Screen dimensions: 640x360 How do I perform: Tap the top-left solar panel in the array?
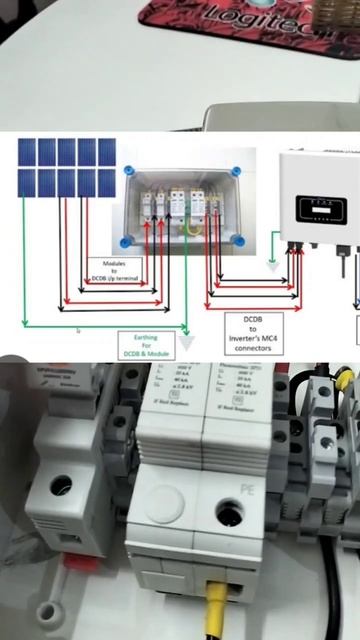click(27, 152)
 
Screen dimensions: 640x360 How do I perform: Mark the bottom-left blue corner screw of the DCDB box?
click(126, 241)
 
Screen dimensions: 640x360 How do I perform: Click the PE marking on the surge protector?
click(249, 488)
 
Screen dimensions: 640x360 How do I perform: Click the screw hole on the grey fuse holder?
click(61, 487)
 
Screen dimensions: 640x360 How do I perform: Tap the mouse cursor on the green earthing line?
click(78, 330)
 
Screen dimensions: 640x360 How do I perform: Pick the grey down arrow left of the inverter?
click(275, 266)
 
